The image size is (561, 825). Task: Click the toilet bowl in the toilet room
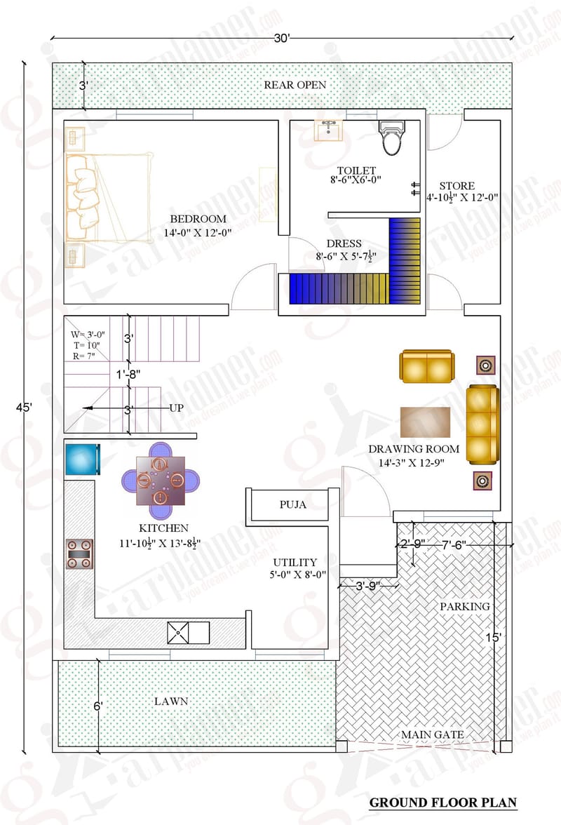(x=392, y=138)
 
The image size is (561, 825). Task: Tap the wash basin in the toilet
(x=328, y=130)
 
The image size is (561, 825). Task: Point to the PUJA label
(x=293, y=504)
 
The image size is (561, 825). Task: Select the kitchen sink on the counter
(x=188, y=632)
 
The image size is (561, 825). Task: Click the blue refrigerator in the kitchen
(x=81, y=459)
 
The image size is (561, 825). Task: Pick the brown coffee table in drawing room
(x=426, y=422)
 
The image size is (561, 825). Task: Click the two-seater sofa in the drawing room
(x=426, y=366)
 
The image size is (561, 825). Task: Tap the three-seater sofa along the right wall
(x=482, y=423)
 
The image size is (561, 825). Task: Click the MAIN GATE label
(x=432, y=735)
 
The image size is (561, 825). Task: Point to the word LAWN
(x=173, y=700)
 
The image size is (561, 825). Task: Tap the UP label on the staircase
(x=176, y=408)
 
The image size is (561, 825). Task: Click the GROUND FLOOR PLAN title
(x=442, y=802)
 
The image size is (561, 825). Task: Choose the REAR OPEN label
(x=295, y=85)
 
